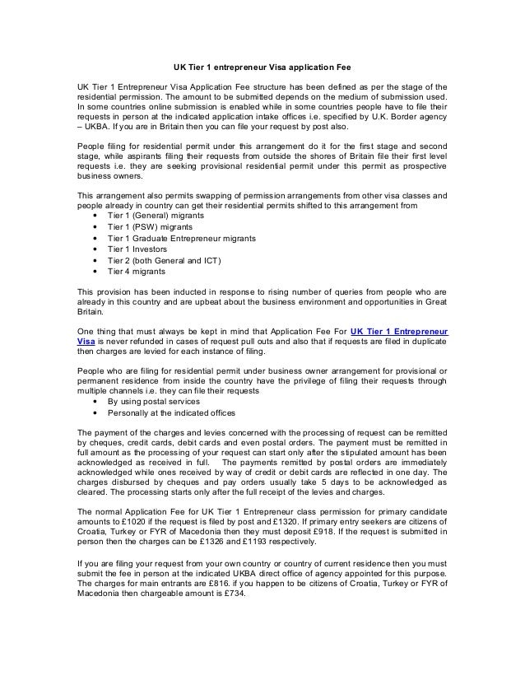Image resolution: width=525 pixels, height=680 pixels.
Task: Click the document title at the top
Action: (262, 65)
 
